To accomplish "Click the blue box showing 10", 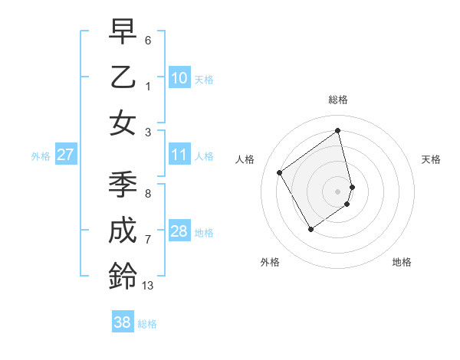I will tap(179, 78).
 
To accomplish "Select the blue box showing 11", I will tap(179, 155).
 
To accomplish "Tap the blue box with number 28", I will tap(179, 232).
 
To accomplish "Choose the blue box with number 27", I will tap(65, 155).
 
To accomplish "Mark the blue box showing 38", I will tap(123, 322).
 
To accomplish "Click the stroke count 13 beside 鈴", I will tap(148, 286).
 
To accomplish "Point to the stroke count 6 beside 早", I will tap(148, 39).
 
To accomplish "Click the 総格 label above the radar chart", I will tap(338, 100).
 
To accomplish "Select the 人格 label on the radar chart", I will tap(245, 159).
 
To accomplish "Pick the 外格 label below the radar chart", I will tap(270, 262).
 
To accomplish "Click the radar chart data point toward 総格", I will tap(338, 130).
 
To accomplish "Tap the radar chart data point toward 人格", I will tap(280, 172).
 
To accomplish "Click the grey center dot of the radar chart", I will tap(338, 191).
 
